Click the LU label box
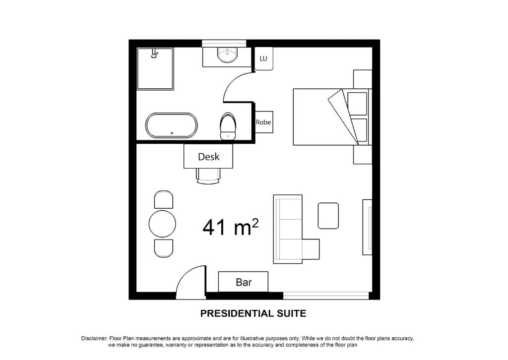tap(263, 59)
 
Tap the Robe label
tap(263, 122)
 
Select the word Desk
tap(209, 157)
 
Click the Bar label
tap(244, 282)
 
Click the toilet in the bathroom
tap(228, 126)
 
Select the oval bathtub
tap(171, 125)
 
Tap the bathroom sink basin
tap(227, 55)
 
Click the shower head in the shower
tap(155, 54)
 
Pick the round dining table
tap(162, 224)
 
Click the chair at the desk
tap(208, 176)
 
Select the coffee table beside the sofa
tap(328, 216)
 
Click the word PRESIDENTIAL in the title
tap(236, 313)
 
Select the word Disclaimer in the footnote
tap(94, 339)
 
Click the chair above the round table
tap(164, 199)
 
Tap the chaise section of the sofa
tap(311, 249)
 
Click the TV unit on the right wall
tap(367, 228)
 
